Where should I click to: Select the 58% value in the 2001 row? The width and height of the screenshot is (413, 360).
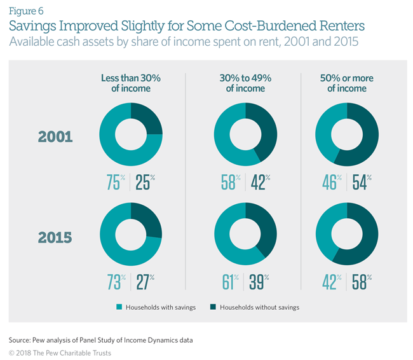point(228,182)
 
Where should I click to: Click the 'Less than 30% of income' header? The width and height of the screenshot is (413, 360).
point(130,83)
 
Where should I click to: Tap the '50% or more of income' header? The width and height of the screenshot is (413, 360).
point(347,83)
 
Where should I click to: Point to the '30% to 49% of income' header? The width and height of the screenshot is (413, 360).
point(245,83)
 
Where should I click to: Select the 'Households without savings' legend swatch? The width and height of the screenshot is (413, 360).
point(212,307)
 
